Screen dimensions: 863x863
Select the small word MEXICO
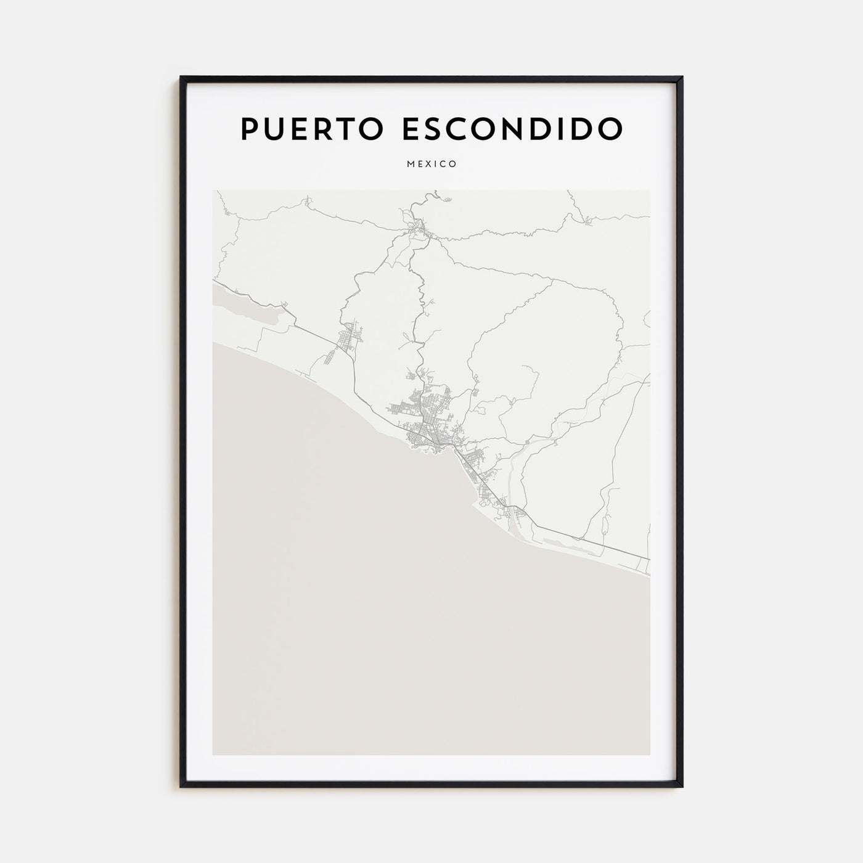pyautogui.click(x=431, y=164)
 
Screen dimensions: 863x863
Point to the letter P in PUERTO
pyautogui.click(x=248, y=128)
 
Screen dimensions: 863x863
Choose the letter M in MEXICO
pyautogui.click(x=411, y=164)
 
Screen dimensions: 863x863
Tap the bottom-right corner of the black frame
pyautogui.click(x=682, y=787)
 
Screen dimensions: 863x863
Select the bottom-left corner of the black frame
pyautogui.click(x=181, y=787)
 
